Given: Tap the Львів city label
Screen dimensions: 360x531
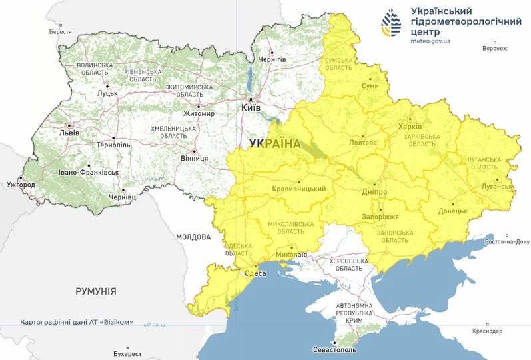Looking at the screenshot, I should click(69, 133).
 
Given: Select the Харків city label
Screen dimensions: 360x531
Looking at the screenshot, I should click(410, 127).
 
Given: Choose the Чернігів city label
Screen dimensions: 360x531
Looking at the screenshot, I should click(273, 60).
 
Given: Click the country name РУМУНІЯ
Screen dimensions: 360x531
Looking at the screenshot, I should click(96, 291).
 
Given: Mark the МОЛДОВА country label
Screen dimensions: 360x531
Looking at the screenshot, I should click(193, 237).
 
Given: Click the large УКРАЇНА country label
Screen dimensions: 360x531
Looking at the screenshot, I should click(274, 143).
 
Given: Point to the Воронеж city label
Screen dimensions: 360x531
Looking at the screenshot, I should click(495, 48).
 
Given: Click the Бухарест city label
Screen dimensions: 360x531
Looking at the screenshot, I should click(128, 353).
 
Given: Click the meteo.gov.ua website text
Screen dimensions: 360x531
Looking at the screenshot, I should click(430, 41).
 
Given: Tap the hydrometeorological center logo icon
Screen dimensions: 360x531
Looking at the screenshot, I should click(391, 24).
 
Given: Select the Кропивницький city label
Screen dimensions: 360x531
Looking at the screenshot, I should click(299, 189).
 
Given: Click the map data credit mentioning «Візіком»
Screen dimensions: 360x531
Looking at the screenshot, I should click(77, 322).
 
